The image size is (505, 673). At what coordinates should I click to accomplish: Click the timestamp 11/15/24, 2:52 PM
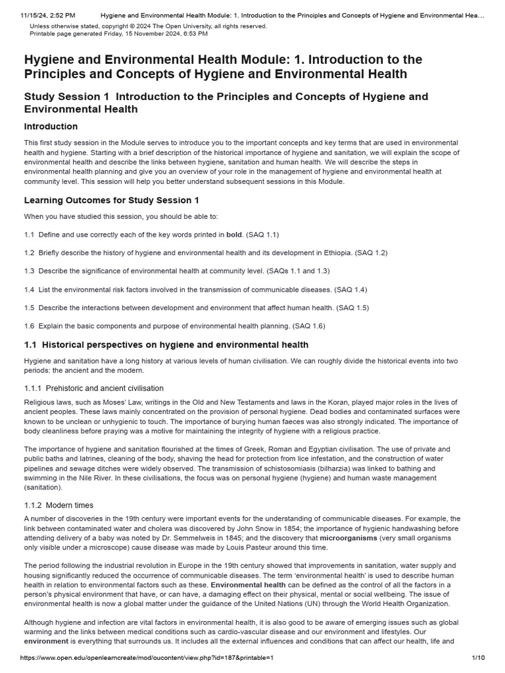pos(39,14)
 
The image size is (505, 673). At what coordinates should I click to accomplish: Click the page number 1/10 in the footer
pos(478,657)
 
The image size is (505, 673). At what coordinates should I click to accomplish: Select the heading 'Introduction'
pos(51,126)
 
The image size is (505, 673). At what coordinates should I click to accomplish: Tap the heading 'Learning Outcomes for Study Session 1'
pos(111,200)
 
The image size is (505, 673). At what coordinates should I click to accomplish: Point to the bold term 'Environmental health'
pos(248,584)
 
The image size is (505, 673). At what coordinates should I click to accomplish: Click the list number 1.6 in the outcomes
pos(29,326)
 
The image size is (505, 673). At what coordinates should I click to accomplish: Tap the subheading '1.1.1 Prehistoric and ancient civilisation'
pos(93,388)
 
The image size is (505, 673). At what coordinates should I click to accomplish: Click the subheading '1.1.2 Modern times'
pos(59,505)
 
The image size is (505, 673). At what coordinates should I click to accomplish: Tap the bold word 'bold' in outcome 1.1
pos(234,234)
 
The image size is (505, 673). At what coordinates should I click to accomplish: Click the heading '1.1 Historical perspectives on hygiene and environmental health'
pos(166,344)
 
